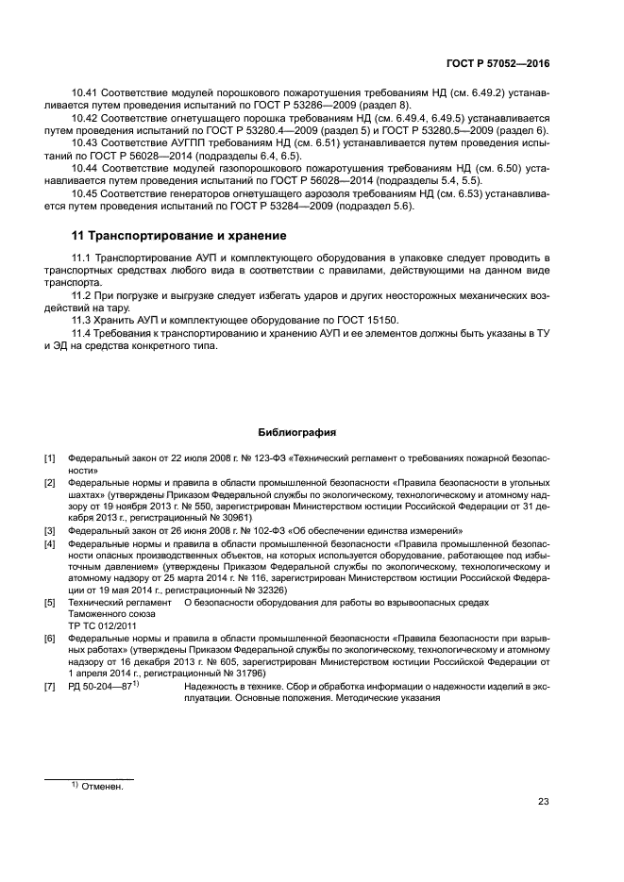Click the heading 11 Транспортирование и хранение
pos(179,235)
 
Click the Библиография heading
pos(297,433)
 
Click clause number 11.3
pos(85,321)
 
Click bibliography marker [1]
pos(50,458)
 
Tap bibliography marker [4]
pos(50,544)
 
